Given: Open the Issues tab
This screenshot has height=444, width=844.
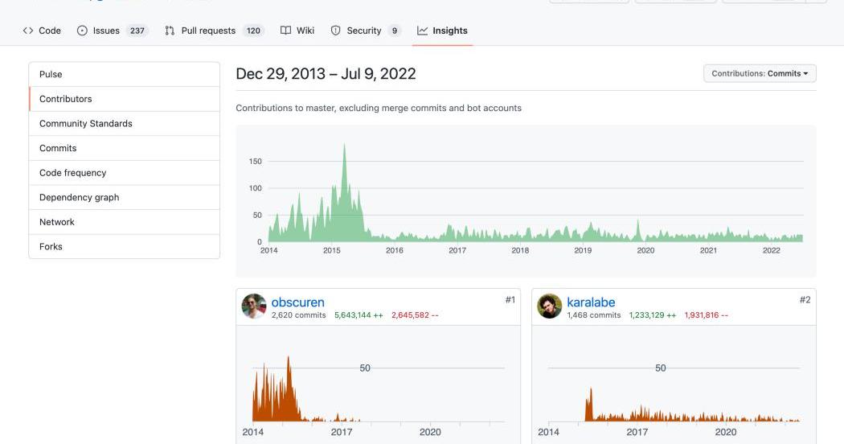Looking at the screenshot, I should pyautogui.click(x=105, y=31).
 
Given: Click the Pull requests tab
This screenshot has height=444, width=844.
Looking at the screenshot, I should pyautogui.click(x=207, y=31).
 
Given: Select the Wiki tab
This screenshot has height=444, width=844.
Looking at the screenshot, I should pyautogui.click(x=297, y=31).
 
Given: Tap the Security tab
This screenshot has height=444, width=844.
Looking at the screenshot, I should pyautogui.click(x=363, y=31).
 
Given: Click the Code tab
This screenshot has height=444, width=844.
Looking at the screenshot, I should pyautogui.click(x=43, y=31).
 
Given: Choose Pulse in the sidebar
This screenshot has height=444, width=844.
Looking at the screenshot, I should pyautogui.click(x=51, y=74).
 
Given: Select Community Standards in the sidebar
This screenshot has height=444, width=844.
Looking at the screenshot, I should pyautogui.click(x=85, y=124).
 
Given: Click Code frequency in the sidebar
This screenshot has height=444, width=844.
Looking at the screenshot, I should pyautogui.click(x=72, y=173).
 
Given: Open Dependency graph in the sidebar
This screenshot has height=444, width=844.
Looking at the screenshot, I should pyautogui.click(x=79, y=197).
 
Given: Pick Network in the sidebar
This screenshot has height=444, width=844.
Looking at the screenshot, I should pyautogui.click(x=56, y=222).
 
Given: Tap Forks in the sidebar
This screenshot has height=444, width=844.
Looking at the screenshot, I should pyautogui.click(x=51, y=247).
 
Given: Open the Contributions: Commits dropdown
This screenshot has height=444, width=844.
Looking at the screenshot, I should pyautogui.click(x=760, y=73).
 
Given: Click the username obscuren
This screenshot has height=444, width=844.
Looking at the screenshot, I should pyautogui.click(x=297, y=302).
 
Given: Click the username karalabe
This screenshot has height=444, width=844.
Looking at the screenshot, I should pyautogui.click(x=591, y=302).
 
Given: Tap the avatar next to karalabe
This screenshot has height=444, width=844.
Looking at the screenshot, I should pyautogui.click(x=549, y=306).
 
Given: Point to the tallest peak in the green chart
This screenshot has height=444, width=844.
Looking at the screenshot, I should pyautogui.click(x=344, y=146).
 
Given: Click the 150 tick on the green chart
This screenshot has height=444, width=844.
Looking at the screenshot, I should pyautogui.click(x=256, y=162).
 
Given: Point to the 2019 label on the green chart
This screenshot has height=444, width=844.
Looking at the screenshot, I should pyautogui.click(x=583, y=251).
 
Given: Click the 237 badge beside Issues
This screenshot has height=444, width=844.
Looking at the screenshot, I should pyautogui.click(x=137, y=31).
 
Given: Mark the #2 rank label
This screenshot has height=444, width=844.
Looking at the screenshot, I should pyautogui.click(x=805, y=300).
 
